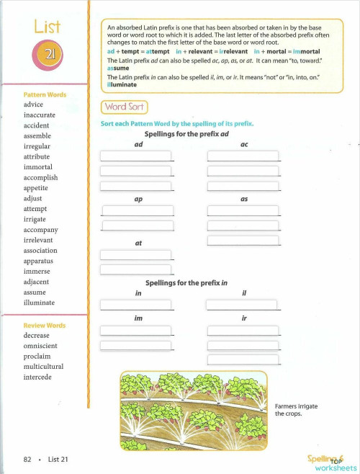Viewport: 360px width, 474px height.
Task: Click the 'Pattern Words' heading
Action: point(45,94)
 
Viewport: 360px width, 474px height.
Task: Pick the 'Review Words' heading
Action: point(44,326)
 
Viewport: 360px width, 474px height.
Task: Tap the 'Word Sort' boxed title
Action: point(125,107)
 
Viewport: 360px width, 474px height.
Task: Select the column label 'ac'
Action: point(244,144)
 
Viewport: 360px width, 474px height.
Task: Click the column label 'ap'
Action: point(138,200)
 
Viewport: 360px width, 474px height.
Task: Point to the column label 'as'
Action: point(244,200)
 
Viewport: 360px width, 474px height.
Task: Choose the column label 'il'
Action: point(244,294)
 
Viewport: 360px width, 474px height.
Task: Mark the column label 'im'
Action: point(138,318)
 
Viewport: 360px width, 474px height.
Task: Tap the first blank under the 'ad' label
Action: point(136,156)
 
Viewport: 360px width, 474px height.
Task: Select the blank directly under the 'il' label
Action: point(242,305)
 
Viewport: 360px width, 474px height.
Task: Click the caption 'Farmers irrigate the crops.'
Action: point(296,410)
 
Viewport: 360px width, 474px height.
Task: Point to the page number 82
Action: point(27,459)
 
